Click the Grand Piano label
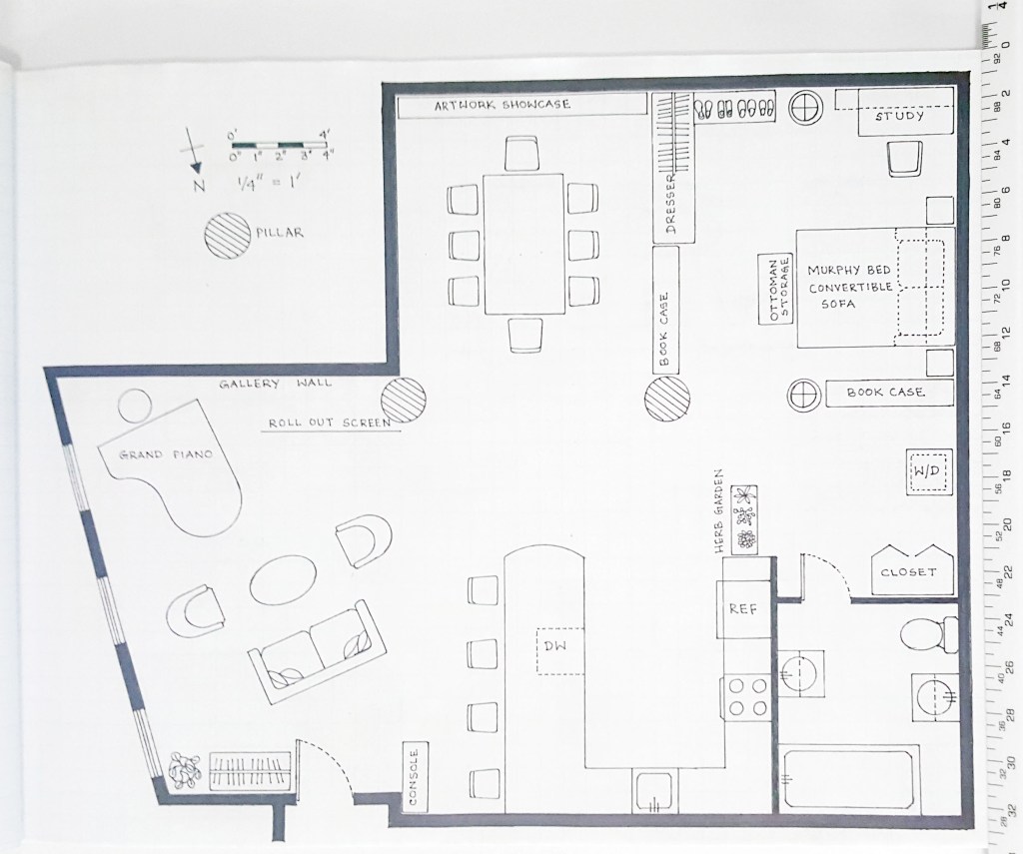click(167, 454)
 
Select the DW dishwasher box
click(560, 651)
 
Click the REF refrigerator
click(743, 608)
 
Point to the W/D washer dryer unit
click(928, 471)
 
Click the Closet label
click(908, 572)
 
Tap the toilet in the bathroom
click(928, 635)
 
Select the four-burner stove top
click(747, 697)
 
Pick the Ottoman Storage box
click(775, 289)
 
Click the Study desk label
click(899, 116)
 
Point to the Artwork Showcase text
click(503, 105)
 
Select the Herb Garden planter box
click(744, 520)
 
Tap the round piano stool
click(135, 407)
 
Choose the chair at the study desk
click(905, 159)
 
